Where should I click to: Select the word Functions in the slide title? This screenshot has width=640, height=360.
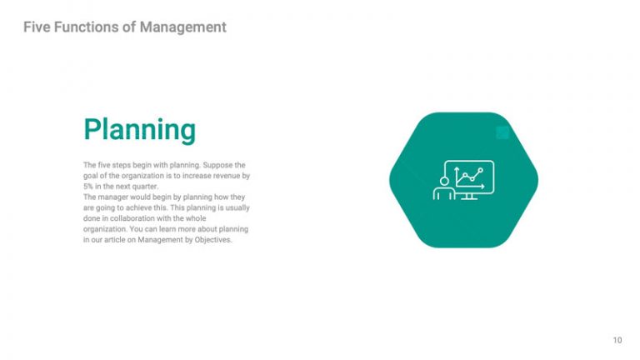[87, 27]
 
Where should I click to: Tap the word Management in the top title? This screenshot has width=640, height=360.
[182, 27]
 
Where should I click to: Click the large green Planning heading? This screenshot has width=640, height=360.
[139, 129]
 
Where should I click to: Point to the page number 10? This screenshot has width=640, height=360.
[617, 340]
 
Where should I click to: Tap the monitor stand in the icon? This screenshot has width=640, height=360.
[469, 197]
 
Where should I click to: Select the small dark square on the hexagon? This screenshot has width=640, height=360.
[502, 132]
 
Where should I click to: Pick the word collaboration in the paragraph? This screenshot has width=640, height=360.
[139, 217]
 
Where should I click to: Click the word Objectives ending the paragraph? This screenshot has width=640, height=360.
[212, 239]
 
